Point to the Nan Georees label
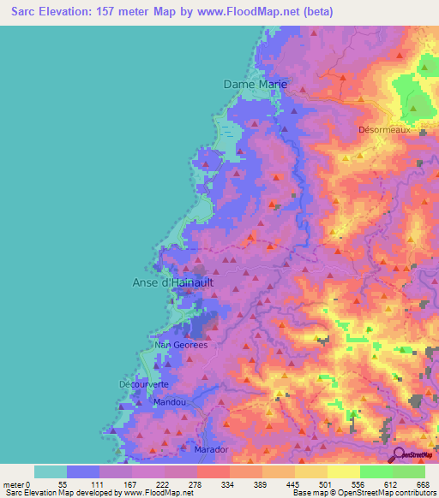pyautogui.click(x=163, y=345)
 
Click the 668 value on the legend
pyautogui.click(x=422, y=484)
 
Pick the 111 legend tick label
pyautogui.click(x=114, y=484)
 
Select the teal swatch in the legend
pyautogui.click(x=51, y=471)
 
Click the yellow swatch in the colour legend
pyautogui.click(x=343, y=471)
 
